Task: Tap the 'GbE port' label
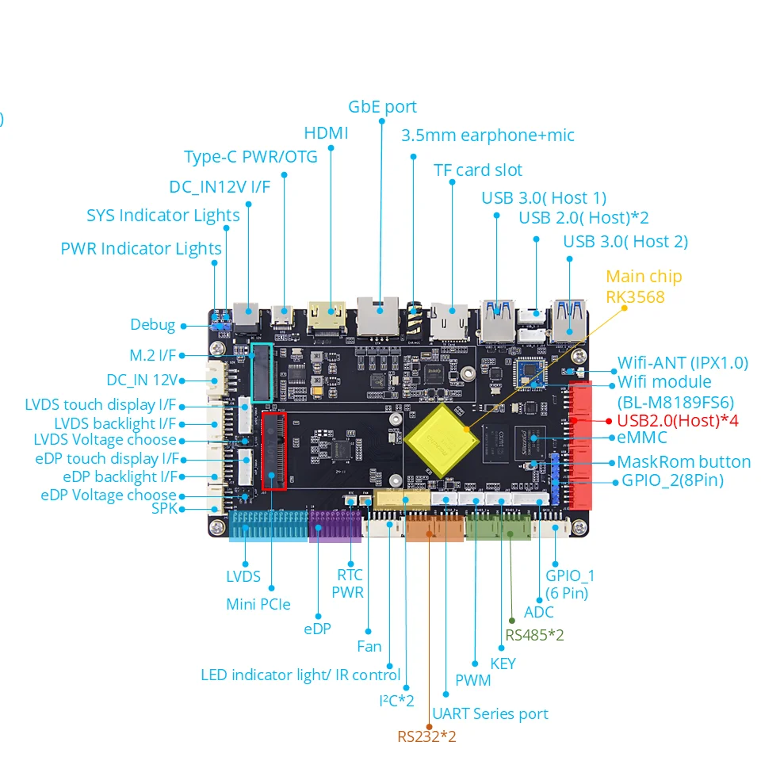pos(382,107)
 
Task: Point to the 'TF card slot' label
pos(478,170)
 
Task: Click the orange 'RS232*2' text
pos(426,736)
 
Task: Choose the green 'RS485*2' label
pos(534,635)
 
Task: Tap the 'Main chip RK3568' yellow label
pos(643,287)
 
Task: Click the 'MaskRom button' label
pos(683,462)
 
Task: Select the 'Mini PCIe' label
pos(258,605)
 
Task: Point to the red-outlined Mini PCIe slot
pos(274,451)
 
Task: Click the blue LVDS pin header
pos(267,525)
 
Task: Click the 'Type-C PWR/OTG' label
pos(250,157)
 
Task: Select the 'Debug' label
pos(152,325)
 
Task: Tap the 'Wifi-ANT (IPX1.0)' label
pos(683,363)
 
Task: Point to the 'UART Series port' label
pos(490,714)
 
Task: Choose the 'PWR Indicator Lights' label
pos(141,249)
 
